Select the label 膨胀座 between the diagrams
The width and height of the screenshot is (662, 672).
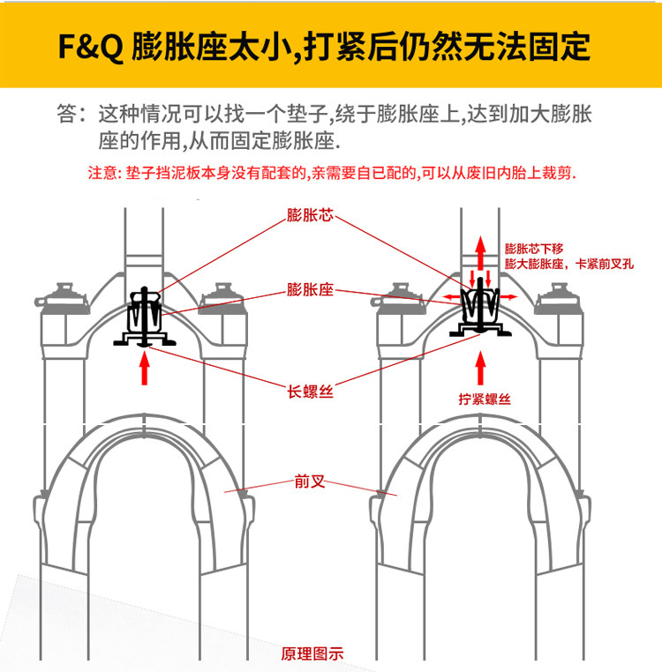[310, 289]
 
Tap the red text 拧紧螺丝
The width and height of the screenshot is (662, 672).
[485, 399]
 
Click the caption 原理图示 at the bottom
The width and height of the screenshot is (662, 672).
[312, 653]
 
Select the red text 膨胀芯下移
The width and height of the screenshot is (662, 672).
[534, 249]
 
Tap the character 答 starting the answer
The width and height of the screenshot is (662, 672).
[69, 116]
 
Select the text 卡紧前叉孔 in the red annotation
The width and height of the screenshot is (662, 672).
[605, 264]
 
